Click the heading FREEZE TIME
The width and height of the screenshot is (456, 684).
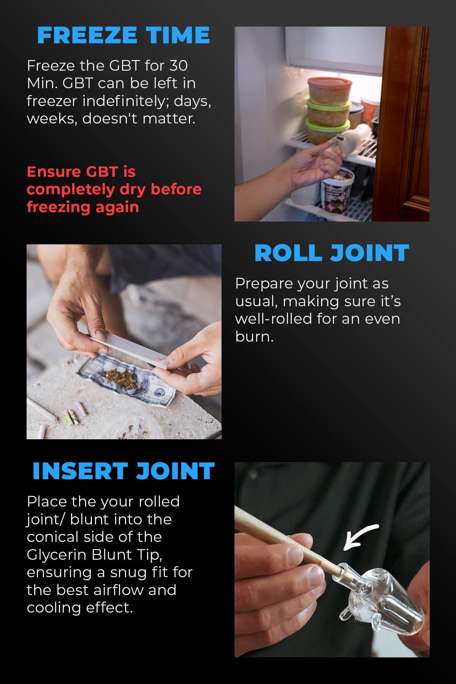point(123,35)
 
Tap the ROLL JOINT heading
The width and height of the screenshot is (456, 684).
point(332,253)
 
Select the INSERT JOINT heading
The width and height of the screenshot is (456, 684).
point(123,471)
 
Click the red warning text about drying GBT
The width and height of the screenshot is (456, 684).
point(114,189)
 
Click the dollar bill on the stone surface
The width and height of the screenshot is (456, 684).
point(152,388)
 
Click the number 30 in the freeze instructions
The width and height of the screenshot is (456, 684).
point(178,66)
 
